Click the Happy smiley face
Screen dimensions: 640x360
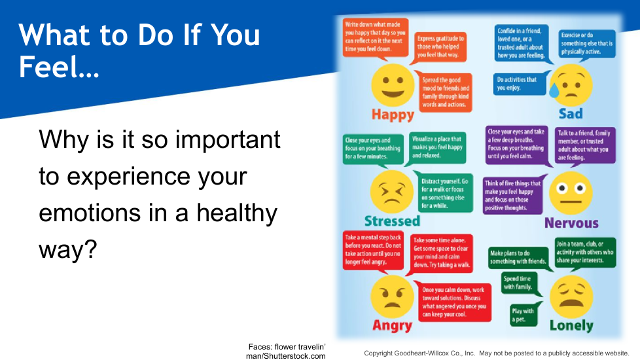pos(393,86)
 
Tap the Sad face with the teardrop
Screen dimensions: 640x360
pos(571,85)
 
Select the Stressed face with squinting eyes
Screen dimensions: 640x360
pos(391,192)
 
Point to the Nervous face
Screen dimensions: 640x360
pos(571,193)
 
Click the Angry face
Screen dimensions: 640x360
pos(392,297)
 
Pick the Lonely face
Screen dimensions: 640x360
pos(571,297)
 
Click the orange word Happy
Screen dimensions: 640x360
pos(393,115)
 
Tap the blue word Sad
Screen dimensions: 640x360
pos(571,113)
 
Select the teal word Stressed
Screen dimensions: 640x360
pos(392,221)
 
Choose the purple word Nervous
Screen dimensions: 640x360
pos(571,223)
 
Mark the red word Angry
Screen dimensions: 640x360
pos(392,326)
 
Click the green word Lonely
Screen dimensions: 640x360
pos(571,326)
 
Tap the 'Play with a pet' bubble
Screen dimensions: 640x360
pos(524,315)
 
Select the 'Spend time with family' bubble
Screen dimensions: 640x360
pos(518,283)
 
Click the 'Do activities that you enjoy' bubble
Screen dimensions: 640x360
pos(519,84)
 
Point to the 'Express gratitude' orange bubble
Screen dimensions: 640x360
pos(440,47)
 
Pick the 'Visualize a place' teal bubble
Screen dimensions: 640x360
pos(436,148)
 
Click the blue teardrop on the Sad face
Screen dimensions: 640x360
pos(554,90)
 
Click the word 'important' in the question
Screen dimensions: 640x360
pos(228,139)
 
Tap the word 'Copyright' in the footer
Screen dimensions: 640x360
pos(378,353)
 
